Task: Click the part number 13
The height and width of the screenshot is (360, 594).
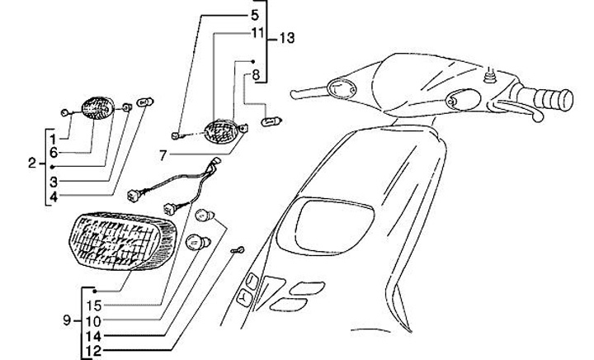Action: click(x=286, y=39)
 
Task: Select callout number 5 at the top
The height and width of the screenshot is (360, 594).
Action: click(x=255, y=16)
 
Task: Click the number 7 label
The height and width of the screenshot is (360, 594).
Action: click(x=163, y=154)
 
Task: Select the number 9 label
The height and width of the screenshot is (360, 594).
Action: click(x=66, y=319)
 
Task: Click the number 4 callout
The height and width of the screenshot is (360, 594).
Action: click(x=52, y=196)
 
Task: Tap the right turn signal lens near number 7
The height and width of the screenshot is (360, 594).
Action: click(x=220, y=130)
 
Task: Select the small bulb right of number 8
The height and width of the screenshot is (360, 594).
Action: click(x=269, y=122)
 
